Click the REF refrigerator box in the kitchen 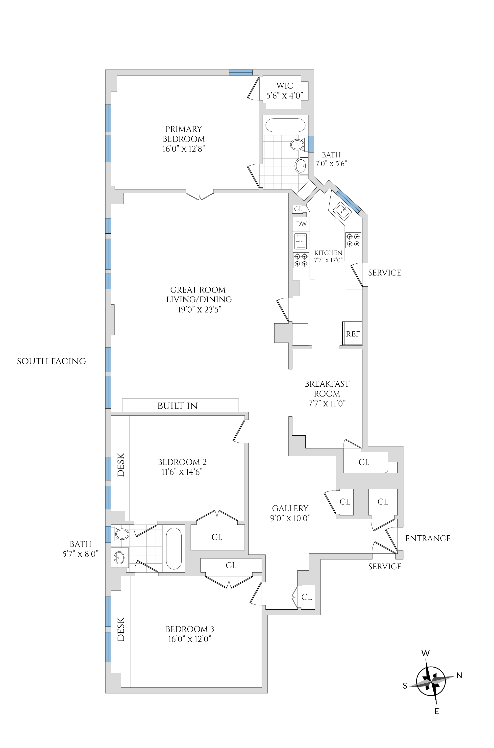352,334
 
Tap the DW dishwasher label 301,224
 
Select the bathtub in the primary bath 285,125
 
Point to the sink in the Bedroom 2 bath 119,558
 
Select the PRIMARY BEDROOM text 184,134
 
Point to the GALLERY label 290,508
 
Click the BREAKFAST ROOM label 327,389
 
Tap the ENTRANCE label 427,538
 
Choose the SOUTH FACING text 51,361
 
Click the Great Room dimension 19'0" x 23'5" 199,310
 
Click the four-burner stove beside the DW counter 300,260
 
